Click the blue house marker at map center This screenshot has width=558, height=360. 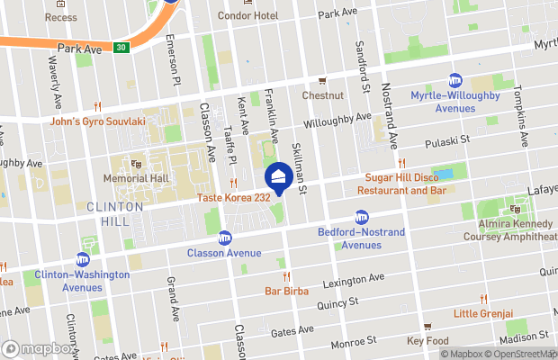[x=279, y=175]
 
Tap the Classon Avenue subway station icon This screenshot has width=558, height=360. [x=224, y=238]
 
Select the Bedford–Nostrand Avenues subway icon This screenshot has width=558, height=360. [x=362, y=217]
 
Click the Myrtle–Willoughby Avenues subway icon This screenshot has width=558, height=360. [x=455, y=80]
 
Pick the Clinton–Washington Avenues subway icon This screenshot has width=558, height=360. [x=83, y=259]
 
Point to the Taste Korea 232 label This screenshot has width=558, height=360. [x=233, y=197]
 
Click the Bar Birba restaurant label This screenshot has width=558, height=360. [x=286, y=291]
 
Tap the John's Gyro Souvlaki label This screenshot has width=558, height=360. [x=97, y=121]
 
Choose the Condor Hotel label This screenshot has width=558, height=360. [x=247, y=16]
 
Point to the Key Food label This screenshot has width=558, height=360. [x=427, y=341]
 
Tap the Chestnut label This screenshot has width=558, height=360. [x=322, y=95]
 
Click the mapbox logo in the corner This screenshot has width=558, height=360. [x=39, y=348]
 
